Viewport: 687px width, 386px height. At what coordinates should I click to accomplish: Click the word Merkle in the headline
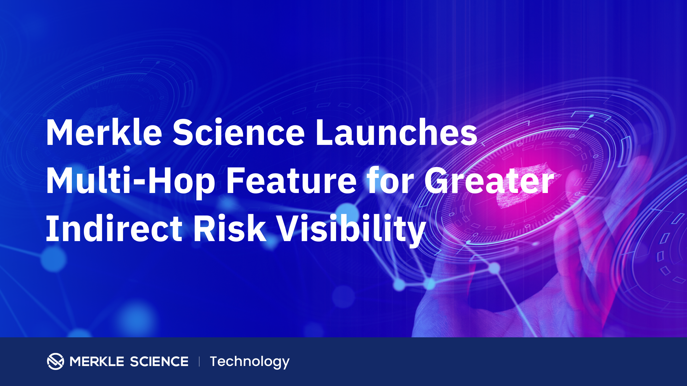(x=104, y=132)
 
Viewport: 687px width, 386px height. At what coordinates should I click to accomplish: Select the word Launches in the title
(x=396, y=132)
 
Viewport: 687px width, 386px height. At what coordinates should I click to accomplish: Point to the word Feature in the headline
(x=291, y=181)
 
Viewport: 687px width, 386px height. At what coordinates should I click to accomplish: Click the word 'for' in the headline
(x=391, y=180)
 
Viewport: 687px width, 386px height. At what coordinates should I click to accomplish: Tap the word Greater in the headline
(x=489, y=181)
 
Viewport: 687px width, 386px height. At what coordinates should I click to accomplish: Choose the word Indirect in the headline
(x=114, y=228)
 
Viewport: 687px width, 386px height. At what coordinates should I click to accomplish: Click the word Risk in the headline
(x=230, y=228)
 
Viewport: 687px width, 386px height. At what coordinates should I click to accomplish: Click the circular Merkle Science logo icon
(x=56, y=361)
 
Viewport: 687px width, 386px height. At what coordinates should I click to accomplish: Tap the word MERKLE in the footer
(x=97, y=361)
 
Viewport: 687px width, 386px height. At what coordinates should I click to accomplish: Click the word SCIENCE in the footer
(x=159, y=361)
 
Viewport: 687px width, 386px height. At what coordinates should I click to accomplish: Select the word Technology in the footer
(x=250, y=362)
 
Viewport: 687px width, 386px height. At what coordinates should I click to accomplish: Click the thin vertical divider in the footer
(x=199, y=361)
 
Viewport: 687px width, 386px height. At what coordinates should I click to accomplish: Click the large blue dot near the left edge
(x=54, y=259)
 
